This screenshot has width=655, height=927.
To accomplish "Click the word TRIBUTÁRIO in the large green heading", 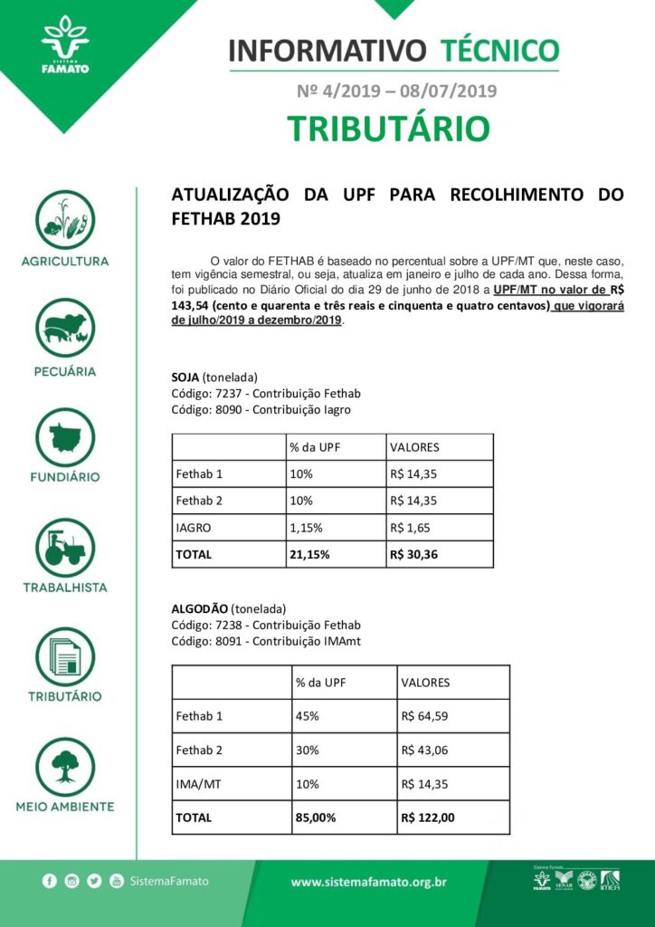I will (389, 129).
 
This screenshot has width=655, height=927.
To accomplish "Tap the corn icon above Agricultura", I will (65, 218).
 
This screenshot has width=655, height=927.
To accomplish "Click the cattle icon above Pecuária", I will (65, 328).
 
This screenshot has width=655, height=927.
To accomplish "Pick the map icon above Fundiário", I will (65, 437).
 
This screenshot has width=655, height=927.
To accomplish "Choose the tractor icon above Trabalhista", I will (65, 547).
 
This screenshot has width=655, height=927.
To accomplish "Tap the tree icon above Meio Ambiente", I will (65, 766).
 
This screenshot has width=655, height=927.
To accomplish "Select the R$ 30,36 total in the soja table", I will (413, 554).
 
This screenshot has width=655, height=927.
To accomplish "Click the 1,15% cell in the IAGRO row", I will (306, 527).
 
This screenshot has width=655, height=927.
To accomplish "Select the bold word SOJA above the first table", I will (185, 377).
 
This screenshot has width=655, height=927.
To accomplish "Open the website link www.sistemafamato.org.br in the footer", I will (368, 882).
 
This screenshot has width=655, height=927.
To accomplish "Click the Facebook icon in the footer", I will (49, 881).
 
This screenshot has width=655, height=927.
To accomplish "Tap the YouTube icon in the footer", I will (117, 881).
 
